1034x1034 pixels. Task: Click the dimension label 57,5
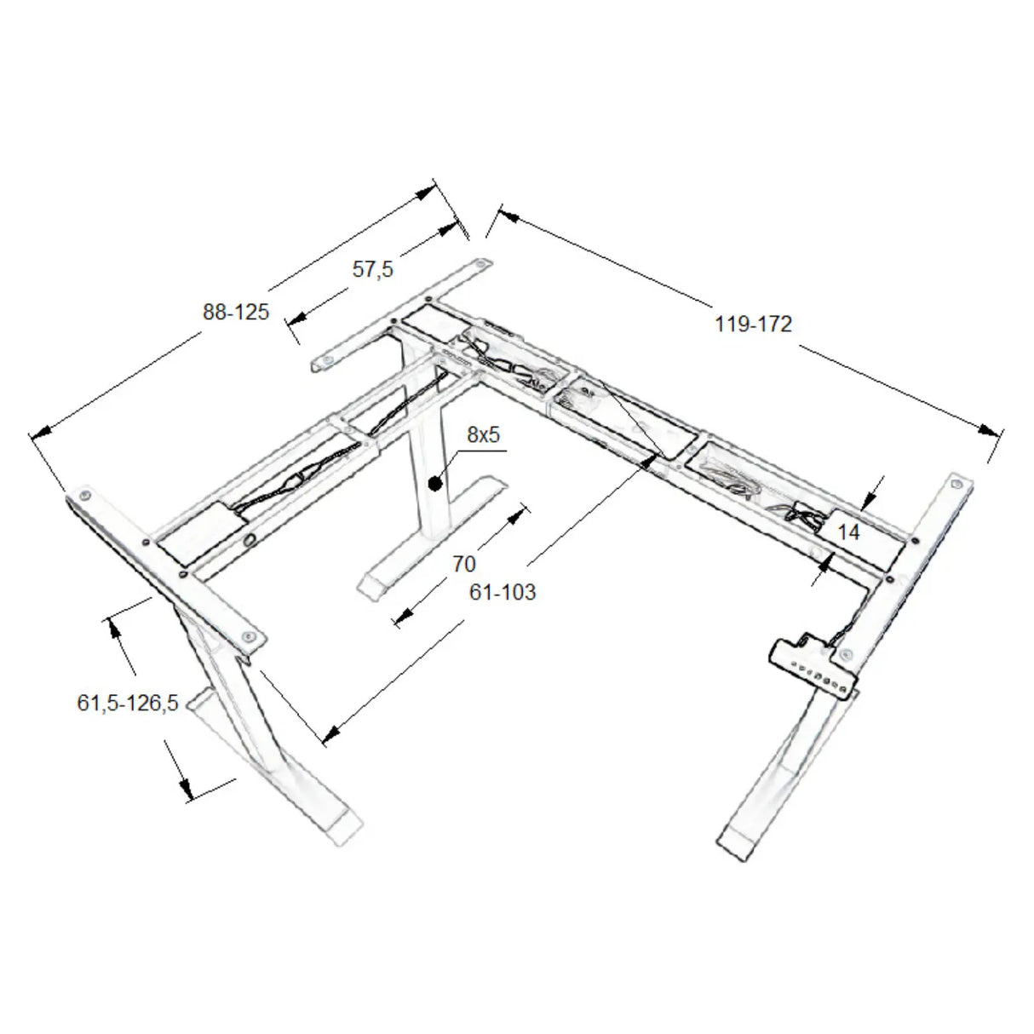click(x=372, y=269)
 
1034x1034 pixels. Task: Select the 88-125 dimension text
click(x=236, y=312)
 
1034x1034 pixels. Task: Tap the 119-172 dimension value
click(x=754, y=325)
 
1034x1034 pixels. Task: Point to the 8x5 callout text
click(x=483, y=434)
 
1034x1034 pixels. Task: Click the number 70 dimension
click(x=464, y=564)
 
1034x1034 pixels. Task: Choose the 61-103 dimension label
click(x=503, y=592)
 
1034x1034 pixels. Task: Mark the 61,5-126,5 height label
click(x=128, y=703)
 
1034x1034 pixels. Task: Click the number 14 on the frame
click(x=848, y=532)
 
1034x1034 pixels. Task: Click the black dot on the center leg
click(x=435, y=484)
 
